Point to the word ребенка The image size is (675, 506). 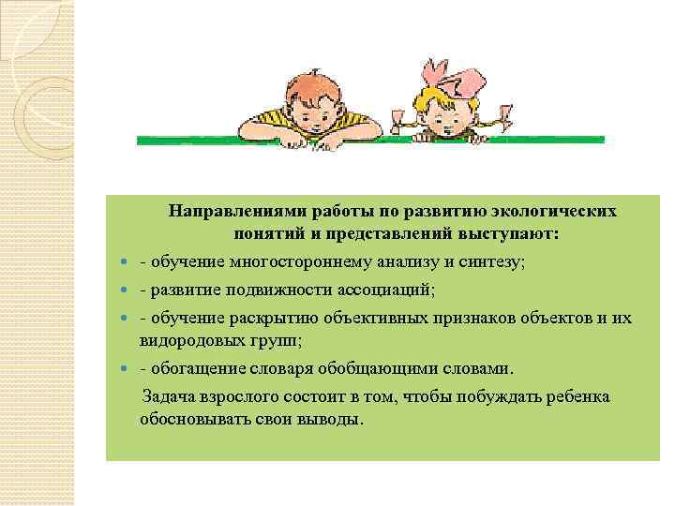578,396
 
